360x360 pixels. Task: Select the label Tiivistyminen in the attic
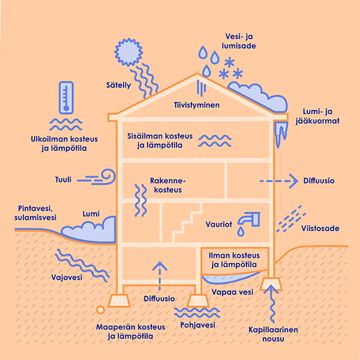[x=196, y=106]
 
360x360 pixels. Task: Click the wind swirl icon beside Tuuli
[x=103, y=178]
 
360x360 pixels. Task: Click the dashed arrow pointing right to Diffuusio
[x=279, y=179]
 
